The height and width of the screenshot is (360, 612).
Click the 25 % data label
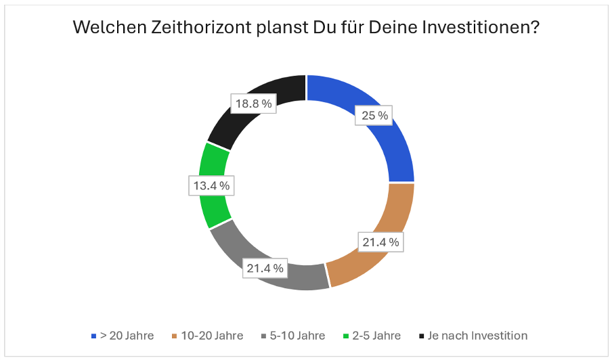pos(374,116)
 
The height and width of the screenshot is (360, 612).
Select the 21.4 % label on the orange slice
pos(380,241)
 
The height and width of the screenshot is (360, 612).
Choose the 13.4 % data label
pos(210,185)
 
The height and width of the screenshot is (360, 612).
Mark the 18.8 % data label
pos(253,104)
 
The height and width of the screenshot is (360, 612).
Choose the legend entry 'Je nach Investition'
pos(478,336)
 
